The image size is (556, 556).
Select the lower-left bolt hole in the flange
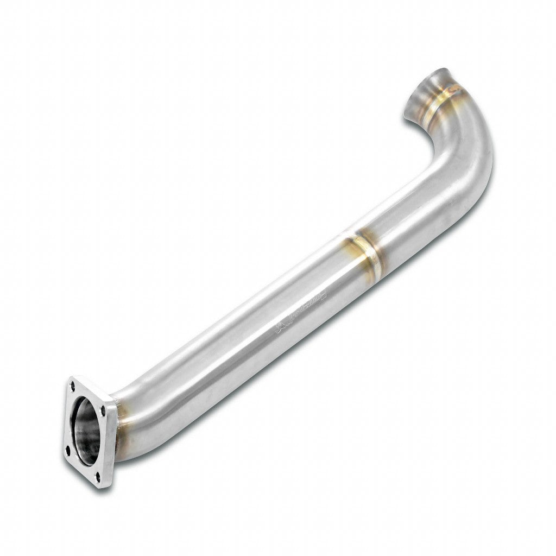click(x=67, y=448)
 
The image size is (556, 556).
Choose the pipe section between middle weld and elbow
click(x=418, y=212)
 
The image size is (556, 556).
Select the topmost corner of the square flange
click(x=74, y=377)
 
